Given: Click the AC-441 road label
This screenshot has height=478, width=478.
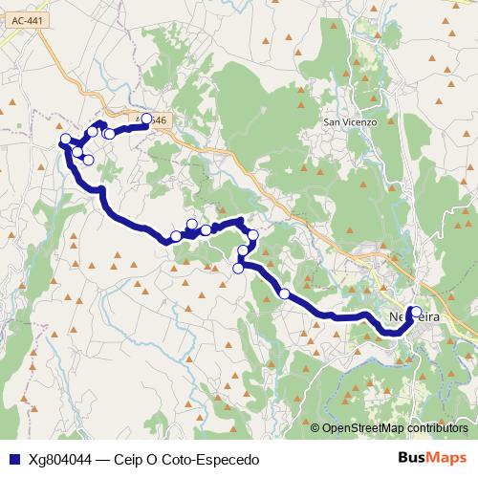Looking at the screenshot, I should point(17,32).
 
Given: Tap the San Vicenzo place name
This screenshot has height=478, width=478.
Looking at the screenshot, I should point(350,122).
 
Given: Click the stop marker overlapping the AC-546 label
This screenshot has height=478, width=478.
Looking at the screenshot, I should point(146,119).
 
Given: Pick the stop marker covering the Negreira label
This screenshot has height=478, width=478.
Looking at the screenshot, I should point(416,311).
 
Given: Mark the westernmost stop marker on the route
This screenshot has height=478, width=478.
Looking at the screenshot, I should point(66,141).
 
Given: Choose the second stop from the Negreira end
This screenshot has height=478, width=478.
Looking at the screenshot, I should point(285,293).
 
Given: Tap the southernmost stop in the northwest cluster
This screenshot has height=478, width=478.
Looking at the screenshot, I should point(88,160).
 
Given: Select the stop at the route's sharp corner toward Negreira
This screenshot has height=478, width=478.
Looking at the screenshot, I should point(238,269).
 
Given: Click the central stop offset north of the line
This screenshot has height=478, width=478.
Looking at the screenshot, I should point(192,225).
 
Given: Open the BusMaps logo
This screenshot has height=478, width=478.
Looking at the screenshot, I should point(433,459).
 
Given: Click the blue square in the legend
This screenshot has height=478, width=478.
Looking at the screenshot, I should point(12,460).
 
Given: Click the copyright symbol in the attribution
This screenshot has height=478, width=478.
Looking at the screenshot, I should point(315,428).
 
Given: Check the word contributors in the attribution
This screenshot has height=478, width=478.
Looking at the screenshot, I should point(436,428).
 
